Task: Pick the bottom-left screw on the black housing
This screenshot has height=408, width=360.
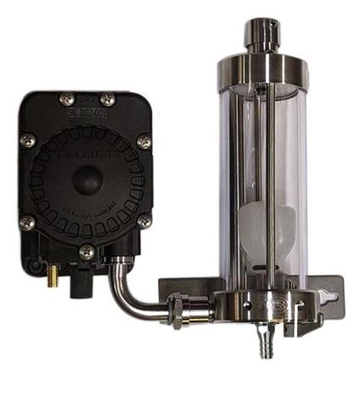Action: coord(28,223)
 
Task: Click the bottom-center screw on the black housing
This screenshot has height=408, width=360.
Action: coord(86,252)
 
